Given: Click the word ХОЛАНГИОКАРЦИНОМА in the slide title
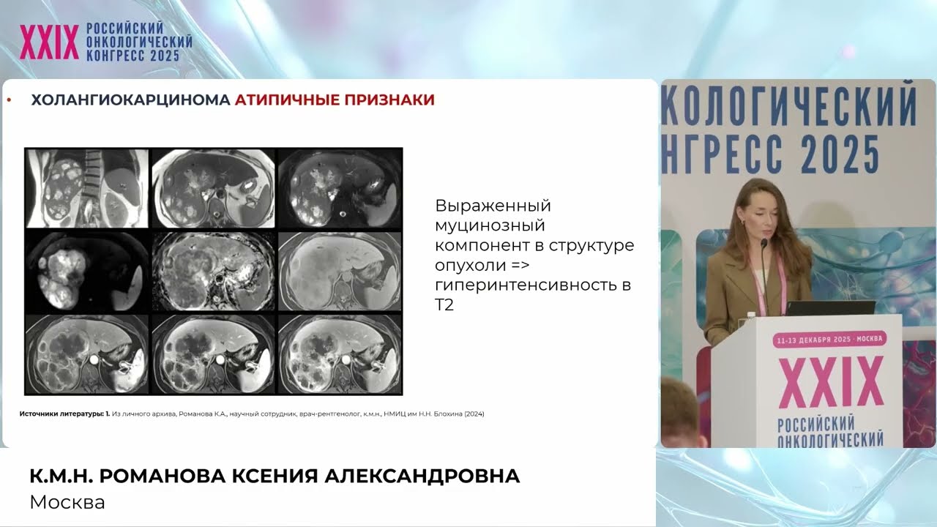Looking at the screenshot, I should [x=130, y=100].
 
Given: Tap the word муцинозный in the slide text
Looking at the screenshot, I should [x=490, y=225].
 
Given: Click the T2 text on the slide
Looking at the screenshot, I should [x=444, y=305].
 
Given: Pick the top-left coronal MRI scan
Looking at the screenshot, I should [x=87, y=188].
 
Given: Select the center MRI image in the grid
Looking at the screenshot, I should [x=213, y=272].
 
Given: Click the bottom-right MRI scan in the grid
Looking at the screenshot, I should [x=340, y=354].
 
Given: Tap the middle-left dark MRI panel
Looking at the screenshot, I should [x=87, y=272].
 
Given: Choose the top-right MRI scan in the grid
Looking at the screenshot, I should [x=340, y=188].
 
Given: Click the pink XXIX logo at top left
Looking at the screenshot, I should [x=49, y=42].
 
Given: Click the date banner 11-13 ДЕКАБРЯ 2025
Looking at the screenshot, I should [x=831, y=340].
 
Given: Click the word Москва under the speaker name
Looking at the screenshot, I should [x=67, y=502].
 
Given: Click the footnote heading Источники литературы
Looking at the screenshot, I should [x=61, y=414].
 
